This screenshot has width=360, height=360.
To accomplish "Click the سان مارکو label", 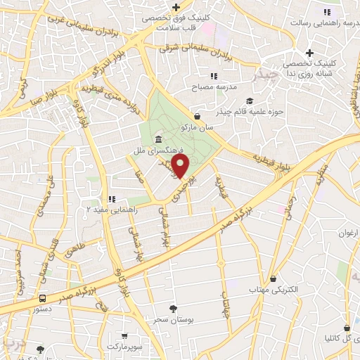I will point(196,129).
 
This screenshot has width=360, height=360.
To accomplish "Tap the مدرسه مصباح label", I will point(214,89).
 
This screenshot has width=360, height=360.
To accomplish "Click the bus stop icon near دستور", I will point(44,298).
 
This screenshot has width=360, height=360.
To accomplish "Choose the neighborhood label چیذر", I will point(268,74).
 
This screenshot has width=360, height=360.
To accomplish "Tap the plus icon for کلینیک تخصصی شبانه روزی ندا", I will point(309,53).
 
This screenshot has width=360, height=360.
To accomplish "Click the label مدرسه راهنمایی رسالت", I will point(326,23).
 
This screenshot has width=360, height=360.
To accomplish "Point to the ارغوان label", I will point(349,233).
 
